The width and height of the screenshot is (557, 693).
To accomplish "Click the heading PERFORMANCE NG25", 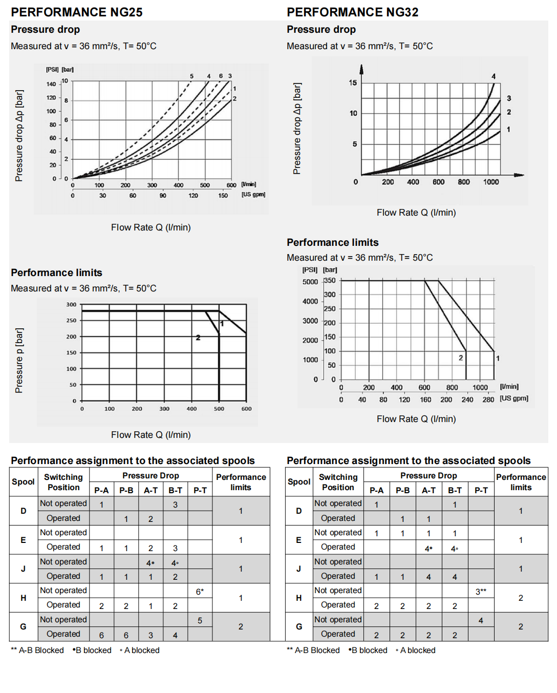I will click(x=77, y=12).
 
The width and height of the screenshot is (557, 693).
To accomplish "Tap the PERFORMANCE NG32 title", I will click(x=352, y=12).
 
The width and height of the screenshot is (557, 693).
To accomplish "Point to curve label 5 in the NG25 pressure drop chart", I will click(x=192, y=76).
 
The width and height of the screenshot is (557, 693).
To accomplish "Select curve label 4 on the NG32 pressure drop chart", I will click(x=494, y=76).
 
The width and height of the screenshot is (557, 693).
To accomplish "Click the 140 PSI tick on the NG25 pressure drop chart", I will click(x=51, y=84).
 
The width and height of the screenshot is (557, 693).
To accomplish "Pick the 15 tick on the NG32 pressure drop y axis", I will click(x=353, y=82).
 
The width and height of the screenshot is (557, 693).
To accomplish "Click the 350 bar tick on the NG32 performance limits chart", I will click(x=330, y=280).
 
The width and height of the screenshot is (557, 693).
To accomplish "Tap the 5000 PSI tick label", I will click(x=310, y=282).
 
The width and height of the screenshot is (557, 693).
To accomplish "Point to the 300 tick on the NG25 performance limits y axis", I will click(x=71, y=304).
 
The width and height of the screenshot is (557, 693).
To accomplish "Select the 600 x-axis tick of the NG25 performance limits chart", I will click(x=246, y=409).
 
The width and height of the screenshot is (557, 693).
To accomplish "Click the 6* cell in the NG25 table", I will click(x=200, y=592).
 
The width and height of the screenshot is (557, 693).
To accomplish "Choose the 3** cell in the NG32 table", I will click(x=481, y=592).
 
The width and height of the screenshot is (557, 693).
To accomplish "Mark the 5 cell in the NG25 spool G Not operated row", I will click(x=200, y=621).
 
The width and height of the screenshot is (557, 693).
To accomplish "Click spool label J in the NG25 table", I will click(x=24, y=569).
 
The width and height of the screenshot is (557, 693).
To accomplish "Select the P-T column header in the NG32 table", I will click(x=481, y=490).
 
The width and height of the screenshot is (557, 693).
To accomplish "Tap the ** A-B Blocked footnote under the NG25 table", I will click(x=37, y=650).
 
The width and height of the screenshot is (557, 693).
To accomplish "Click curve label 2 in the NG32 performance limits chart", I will click(x=461, y=358).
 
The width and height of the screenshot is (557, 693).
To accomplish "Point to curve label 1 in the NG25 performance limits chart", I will click(x=222, y=324).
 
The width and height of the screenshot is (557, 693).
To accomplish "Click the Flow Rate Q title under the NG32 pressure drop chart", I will click(x=416, y=213).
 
